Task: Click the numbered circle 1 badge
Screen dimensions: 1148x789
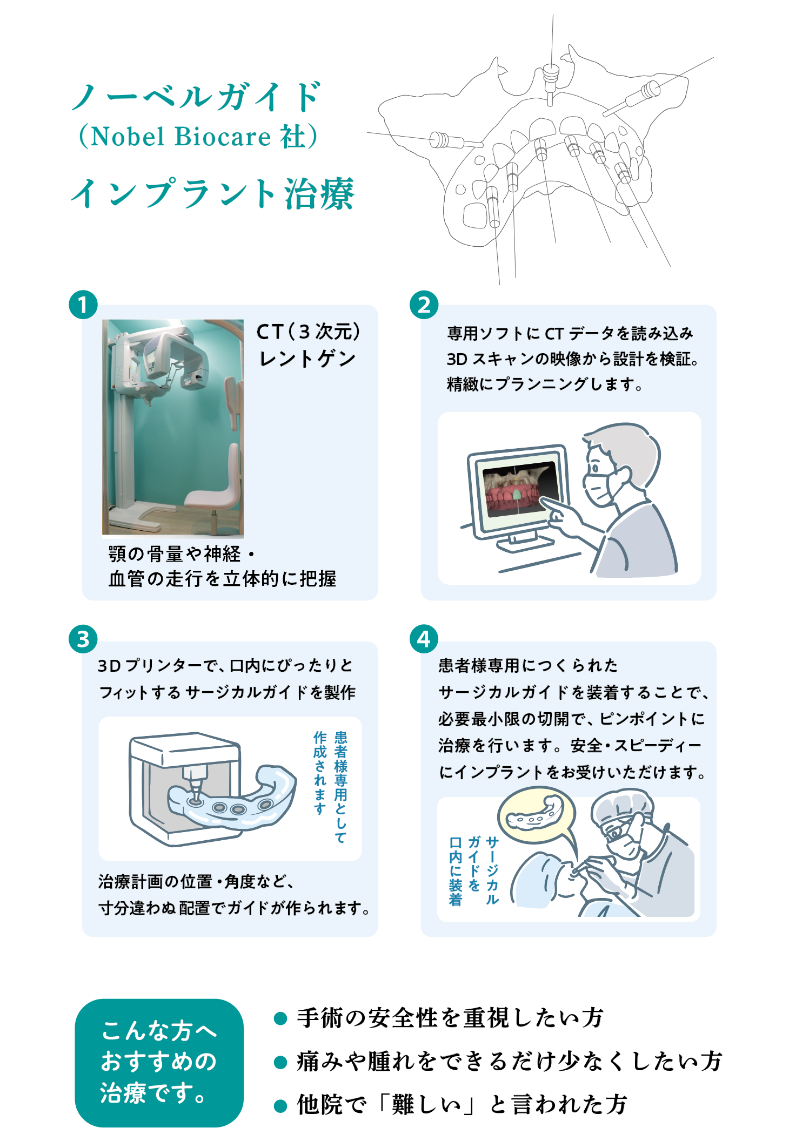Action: (83, 305)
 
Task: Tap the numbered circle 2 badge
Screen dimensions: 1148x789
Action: (424, 305)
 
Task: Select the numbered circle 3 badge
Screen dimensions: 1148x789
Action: (83, 639)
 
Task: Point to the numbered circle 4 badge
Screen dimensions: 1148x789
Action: (424, 639)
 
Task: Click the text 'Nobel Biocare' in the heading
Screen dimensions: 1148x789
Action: (180, 137)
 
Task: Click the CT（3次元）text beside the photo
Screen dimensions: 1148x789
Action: (308, 332)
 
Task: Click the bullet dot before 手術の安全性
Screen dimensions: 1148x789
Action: (280, 1018)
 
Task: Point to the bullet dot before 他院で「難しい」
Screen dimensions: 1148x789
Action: (280, 1106)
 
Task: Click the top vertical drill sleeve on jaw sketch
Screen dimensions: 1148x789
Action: (550, 76)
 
